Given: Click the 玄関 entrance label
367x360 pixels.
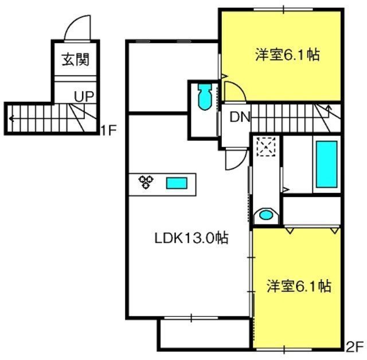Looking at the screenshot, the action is [76, 60].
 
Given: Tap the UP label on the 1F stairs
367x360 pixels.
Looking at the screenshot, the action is [84, 96].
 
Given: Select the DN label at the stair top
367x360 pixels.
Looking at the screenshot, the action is [240, 117].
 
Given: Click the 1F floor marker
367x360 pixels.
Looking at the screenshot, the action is [108, 130].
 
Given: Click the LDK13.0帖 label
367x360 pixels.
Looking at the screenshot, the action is [192, 238].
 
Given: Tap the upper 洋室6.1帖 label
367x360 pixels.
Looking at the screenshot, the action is [287, 55].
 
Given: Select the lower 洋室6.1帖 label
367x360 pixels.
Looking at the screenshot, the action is [299, 285].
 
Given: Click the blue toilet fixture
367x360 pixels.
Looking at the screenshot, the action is [205, 97].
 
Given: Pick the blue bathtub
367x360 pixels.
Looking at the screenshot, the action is [327, 164].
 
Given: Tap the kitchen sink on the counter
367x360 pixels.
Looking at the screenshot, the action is [177, 183].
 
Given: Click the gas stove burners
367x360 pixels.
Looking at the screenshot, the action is [146, 182].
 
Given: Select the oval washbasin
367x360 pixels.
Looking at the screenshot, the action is [266, 215].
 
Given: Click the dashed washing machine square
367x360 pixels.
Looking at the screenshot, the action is [266, 147].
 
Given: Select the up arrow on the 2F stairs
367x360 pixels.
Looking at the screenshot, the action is [329, 110].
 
